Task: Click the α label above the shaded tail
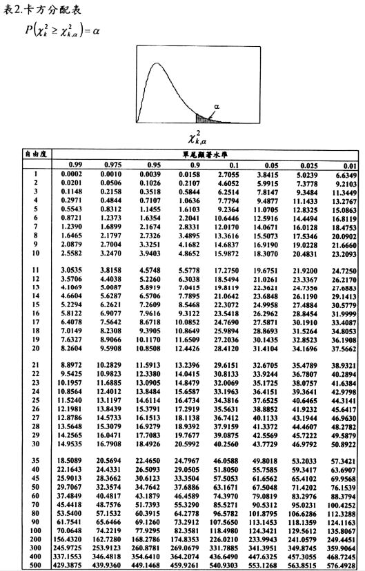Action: point(217,107)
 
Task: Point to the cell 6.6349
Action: point(345,176)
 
